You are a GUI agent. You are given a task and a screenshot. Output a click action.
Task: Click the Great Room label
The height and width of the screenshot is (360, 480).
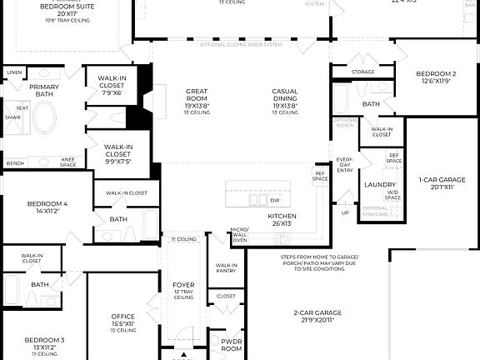197,96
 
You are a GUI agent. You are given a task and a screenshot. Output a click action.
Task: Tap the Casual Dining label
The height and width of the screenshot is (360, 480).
284,96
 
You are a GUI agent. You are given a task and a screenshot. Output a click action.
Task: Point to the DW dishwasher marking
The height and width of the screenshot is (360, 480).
274,201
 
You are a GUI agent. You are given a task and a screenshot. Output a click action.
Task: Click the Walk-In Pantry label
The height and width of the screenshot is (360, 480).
226,267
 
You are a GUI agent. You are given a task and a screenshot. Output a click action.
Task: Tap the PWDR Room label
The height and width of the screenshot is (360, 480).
231,343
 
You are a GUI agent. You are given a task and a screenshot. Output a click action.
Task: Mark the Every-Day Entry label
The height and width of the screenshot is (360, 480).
344,165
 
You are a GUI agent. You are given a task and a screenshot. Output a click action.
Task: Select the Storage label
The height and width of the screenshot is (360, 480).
362,72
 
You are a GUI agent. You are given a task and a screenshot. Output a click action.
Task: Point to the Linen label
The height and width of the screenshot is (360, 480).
14,72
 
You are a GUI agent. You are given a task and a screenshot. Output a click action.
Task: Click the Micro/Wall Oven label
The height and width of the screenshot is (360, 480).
240,234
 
